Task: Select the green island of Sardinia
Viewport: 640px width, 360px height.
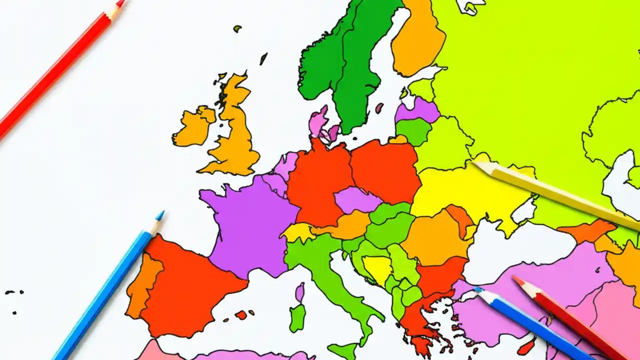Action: tap(297, 317)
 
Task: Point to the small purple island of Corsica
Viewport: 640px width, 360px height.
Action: tap(300, 292)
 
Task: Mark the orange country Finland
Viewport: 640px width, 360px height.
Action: tap(417, 40)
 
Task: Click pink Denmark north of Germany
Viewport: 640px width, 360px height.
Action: tap(318, 122)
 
